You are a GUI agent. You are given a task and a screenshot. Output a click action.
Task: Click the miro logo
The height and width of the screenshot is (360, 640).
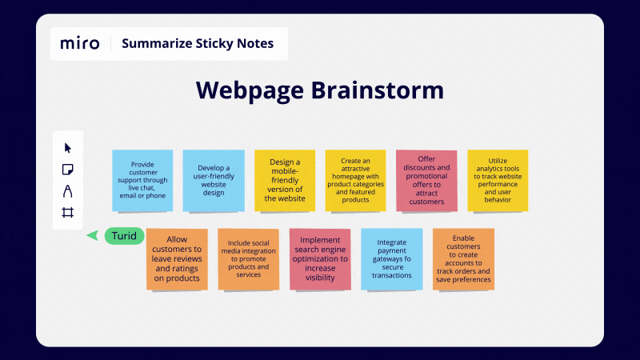tap(80, 43)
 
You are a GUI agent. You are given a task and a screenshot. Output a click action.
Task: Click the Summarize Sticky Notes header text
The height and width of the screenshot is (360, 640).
tap(198, 43)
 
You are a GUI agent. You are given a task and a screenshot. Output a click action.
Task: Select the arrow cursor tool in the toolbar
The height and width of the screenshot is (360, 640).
tap(68, 148)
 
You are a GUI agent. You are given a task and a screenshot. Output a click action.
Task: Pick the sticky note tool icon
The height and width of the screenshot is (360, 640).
tap(68, 170)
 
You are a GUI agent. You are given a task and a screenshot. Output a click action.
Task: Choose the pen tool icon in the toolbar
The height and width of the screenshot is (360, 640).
tap(68, 191)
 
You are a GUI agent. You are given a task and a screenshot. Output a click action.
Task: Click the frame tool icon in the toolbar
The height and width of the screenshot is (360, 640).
tap(68, 213)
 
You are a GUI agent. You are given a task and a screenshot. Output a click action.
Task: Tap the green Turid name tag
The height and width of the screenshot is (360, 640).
tap(125, 236)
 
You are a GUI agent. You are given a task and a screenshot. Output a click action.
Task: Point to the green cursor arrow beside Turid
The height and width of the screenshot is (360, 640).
tap(92, 235)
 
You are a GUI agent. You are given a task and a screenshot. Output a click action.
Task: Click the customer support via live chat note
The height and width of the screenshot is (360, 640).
tap(142, 180)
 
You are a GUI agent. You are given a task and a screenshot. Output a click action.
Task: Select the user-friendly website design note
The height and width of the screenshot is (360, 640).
tap(214, 180)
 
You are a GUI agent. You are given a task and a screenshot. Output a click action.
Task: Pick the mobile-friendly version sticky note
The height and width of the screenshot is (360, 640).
tap(285, 180)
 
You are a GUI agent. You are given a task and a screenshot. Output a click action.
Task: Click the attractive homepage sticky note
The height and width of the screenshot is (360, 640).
tap(355, 180)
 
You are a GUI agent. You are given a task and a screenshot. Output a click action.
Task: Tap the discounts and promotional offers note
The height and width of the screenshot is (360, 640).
tap(426, 180)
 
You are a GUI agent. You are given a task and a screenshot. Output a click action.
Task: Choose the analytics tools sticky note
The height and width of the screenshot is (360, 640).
tap(498, 180)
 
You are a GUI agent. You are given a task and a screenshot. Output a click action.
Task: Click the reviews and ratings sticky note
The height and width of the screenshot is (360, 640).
tap(177, 258)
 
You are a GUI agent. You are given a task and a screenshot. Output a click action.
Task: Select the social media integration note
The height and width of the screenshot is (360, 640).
tap(248, 258)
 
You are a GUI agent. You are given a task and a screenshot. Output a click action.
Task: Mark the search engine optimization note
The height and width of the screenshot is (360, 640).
tap(320, 258)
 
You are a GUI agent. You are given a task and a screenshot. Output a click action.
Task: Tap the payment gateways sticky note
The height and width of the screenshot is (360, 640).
tap(391, 258)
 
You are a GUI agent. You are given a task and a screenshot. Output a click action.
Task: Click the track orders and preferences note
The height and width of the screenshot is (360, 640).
tap(463, 258)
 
